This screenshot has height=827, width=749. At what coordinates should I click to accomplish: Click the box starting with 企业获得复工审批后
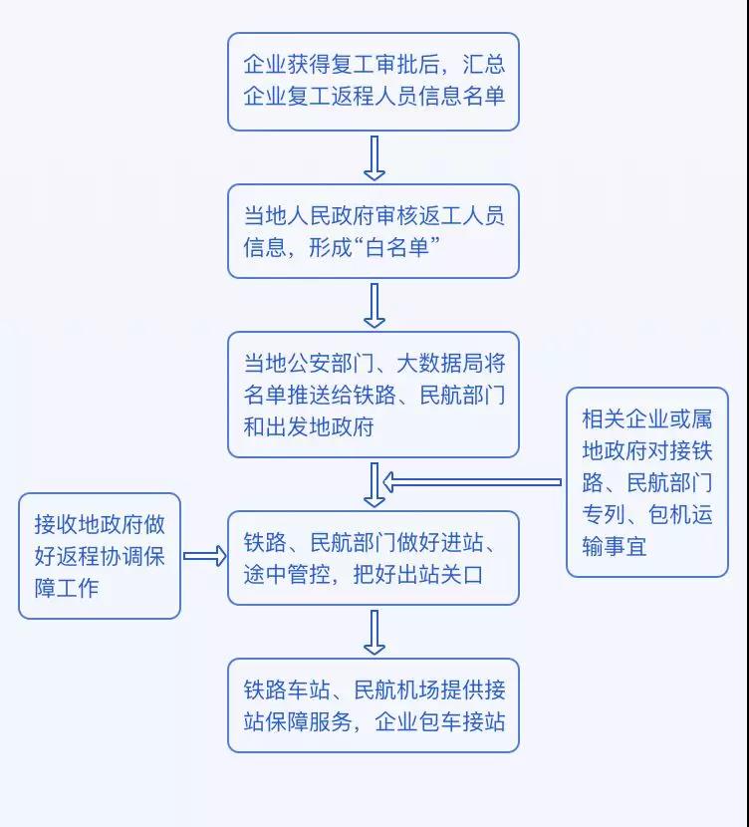click(374, 82)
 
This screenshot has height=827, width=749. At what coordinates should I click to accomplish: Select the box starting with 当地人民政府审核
click(374, 231)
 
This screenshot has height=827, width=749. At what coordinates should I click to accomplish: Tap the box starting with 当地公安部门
click(374, 395)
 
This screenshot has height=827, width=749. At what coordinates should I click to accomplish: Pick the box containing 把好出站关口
click(374, 558)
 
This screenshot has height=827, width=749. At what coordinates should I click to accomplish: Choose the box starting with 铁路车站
click(374, 705)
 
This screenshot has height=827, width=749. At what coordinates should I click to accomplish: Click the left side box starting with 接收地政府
click(100, 556)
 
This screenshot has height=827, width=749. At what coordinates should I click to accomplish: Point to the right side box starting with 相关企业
click(647, 482)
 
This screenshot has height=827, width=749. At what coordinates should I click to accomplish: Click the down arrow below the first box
click(374, 157)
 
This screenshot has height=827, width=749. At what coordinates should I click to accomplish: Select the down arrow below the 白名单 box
click(374, 305)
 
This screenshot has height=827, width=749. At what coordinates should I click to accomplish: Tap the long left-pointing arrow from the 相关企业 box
click(473, 483)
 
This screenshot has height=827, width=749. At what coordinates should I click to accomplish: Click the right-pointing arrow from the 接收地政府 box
click(205, 556)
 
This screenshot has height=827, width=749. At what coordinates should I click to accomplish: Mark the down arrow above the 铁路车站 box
click(374, 632)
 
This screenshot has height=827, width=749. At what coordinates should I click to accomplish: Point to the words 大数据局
click(454, 364)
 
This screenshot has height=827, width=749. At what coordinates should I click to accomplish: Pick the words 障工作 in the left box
click(67, 588)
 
